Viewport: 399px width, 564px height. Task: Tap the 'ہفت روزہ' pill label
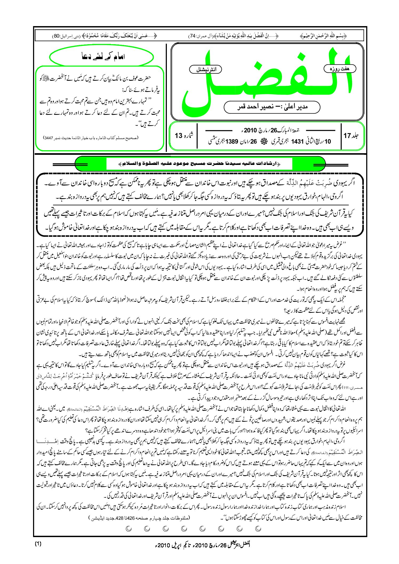[x=340, y=69]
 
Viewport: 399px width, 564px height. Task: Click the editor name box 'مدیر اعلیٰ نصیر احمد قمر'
[x=272, y=107]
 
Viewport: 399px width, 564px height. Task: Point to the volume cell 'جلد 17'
[x=351, y=136]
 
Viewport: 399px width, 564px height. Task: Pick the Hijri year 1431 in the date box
[x=297, y=141]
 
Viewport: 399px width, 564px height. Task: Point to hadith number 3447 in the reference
[x=49, y=138]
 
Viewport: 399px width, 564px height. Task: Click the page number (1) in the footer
[x=38, y=544]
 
